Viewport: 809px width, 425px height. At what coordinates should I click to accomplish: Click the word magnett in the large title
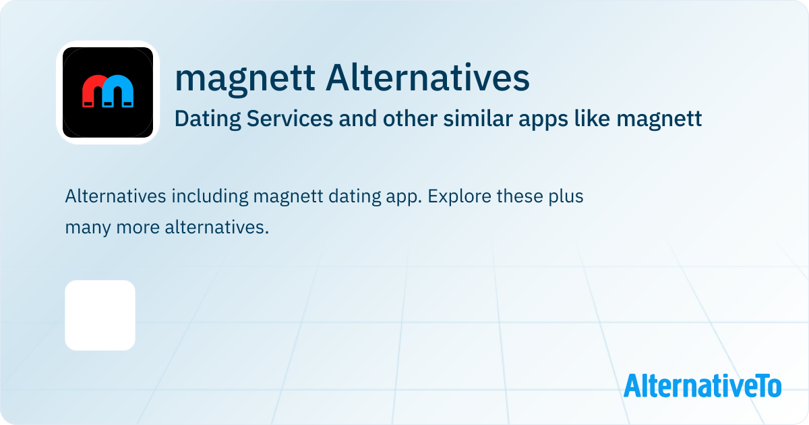pyautogui.click(x=245, y=79)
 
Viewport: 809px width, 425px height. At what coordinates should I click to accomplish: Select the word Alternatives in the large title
pyautogui.click(x=427, y=78)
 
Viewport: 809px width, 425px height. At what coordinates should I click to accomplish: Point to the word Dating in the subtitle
pyautogui.click(x=208, y=119)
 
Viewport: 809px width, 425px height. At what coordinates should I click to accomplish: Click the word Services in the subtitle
pyautogui.click(x=290, y=119)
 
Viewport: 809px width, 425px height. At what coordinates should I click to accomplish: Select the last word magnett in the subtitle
pyautogui.click(x=659, y=119)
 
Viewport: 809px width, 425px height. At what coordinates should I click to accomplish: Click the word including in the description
pyautogui.click(x=210, y=197)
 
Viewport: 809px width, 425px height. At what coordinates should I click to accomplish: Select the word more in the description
pyautogui.click(x=138, y=228)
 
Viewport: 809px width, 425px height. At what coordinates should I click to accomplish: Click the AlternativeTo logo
pyautogui.click(x=702, y=385)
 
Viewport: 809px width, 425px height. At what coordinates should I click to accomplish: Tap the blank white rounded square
pyautogui.click(x=100, y=315)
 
